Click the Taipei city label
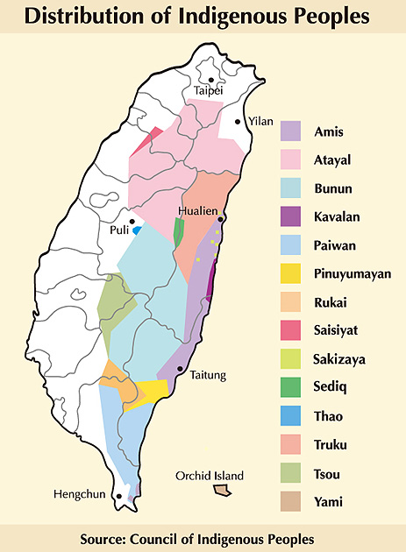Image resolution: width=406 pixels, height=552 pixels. [x=209, y=90]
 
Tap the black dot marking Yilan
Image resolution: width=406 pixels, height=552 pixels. [x=238, y=122]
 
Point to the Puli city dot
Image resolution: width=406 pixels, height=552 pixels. [x=132, y=222]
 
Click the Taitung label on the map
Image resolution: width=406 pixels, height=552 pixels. [x=208, y=375]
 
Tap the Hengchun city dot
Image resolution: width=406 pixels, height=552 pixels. [x=115, y=495]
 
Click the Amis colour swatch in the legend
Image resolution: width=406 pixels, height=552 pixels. [x=292, y=131]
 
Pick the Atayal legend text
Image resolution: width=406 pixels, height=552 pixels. [x=332, y=159]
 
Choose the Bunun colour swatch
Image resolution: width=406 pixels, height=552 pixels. [x=292, y=188]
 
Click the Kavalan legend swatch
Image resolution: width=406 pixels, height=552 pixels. [x=292, y=216]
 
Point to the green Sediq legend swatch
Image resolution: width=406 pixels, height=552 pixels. [x=292, y=387]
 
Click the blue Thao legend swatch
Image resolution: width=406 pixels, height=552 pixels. [x=292, y=416]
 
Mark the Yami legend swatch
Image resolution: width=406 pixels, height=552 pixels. [x=292, y=501]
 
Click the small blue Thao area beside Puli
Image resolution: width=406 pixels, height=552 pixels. [x=138, y=230]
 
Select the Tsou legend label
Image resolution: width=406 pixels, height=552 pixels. [x=328, y=473]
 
